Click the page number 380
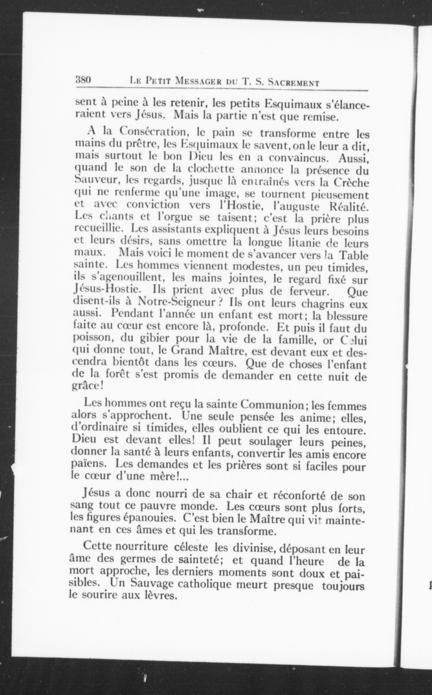[83, 80]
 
